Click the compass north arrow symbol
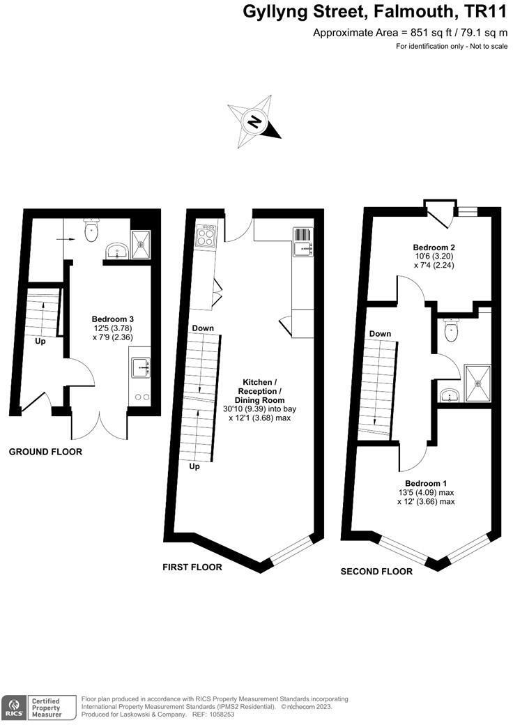(x=254, y=123)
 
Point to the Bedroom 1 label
(x=426, y=483)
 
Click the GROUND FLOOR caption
(x=45, y=452)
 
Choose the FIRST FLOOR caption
(x=192, y=567)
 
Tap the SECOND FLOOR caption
(x=376, y=571)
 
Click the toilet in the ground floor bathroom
(x=91, y=231)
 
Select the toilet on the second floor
(x=451, y=332)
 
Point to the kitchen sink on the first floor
(x=303, y=242)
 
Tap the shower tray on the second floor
(x=478, y=380)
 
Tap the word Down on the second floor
(x=380, y=334)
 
